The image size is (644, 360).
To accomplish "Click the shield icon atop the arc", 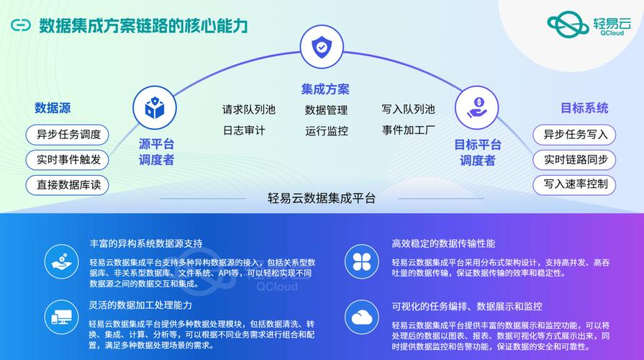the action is pos(322,46).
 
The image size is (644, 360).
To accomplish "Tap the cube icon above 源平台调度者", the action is pos(155,108).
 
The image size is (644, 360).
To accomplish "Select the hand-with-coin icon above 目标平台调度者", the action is pos(477,108).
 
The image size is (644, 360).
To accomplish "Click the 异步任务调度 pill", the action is pos(68,135).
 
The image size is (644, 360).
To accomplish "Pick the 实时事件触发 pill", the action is pos(68,160).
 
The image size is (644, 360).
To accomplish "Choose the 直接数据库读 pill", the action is pos(68,185).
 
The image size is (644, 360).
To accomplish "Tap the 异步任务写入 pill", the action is pos(574,135).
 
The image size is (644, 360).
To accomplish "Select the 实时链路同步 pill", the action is pos(574,160).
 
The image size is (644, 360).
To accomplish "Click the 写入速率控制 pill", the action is pos(574,184).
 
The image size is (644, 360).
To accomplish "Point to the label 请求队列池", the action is pos(249,109).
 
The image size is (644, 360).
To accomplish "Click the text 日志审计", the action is pos(244,131).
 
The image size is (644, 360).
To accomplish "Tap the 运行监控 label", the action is pos(327,131).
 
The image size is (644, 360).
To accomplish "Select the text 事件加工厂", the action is pos(408,130).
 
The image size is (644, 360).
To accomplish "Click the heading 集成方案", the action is pos(325,89).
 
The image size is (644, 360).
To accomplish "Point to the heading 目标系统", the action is pos(584,108).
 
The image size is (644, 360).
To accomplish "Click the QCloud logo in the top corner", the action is pos(589,24).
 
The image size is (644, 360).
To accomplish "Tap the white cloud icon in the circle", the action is pos(362,318).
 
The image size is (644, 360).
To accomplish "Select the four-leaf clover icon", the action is pos(362,262).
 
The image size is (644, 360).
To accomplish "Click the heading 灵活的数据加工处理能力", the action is pos(140,305).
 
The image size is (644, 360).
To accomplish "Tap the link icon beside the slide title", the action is pos(21,25).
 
